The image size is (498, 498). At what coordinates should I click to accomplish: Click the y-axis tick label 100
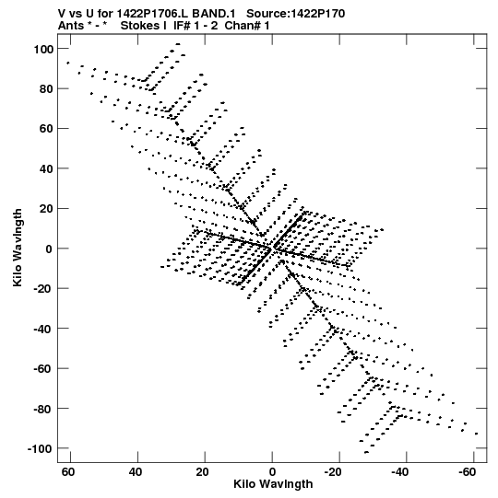pos(43,49)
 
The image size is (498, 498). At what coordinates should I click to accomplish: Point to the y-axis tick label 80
pos(46,89)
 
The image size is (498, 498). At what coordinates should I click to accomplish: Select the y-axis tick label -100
pos(41,449)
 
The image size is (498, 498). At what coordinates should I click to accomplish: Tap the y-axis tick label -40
pos(43,329)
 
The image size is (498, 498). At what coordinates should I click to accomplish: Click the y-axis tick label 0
pos(49,249)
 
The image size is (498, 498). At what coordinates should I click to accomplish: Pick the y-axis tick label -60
pos(43,369)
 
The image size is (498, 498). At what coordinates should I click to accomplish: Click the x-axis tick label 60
pos(68,472)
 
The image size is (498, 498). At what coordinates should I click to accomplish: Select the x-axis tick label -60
pos(468,472)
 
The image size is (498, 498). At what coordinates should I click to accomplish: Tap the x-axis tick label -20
pos(333,472)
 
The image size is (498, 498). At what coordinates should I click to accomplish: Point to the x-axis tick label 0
pos(272,472)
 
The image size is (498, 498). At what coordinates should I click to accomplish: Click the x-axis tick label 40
pos(136,472)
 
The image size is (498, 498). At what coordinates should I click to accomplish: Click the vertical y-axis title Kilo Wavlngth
pos(18,248)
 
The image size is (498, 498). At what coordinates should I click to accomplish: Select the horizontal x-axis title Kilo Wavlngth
pos(273,484)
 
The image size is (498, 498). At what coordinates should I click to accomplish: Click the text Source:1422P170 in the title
pos(296,14)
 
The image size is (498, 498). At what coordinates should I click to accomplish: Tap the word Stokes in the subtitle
pos(143,26)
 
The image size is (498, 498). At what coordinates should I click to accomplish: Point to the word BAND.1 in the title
pos(214,14)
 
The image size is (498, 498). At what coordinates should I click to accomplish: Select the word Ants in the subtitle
pos(71,26)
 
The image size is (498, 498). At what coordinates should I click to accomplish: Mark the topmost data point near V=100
pos(178,44)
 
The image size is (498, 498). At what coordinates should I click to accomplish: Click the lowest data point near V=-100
pos(366,452)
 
